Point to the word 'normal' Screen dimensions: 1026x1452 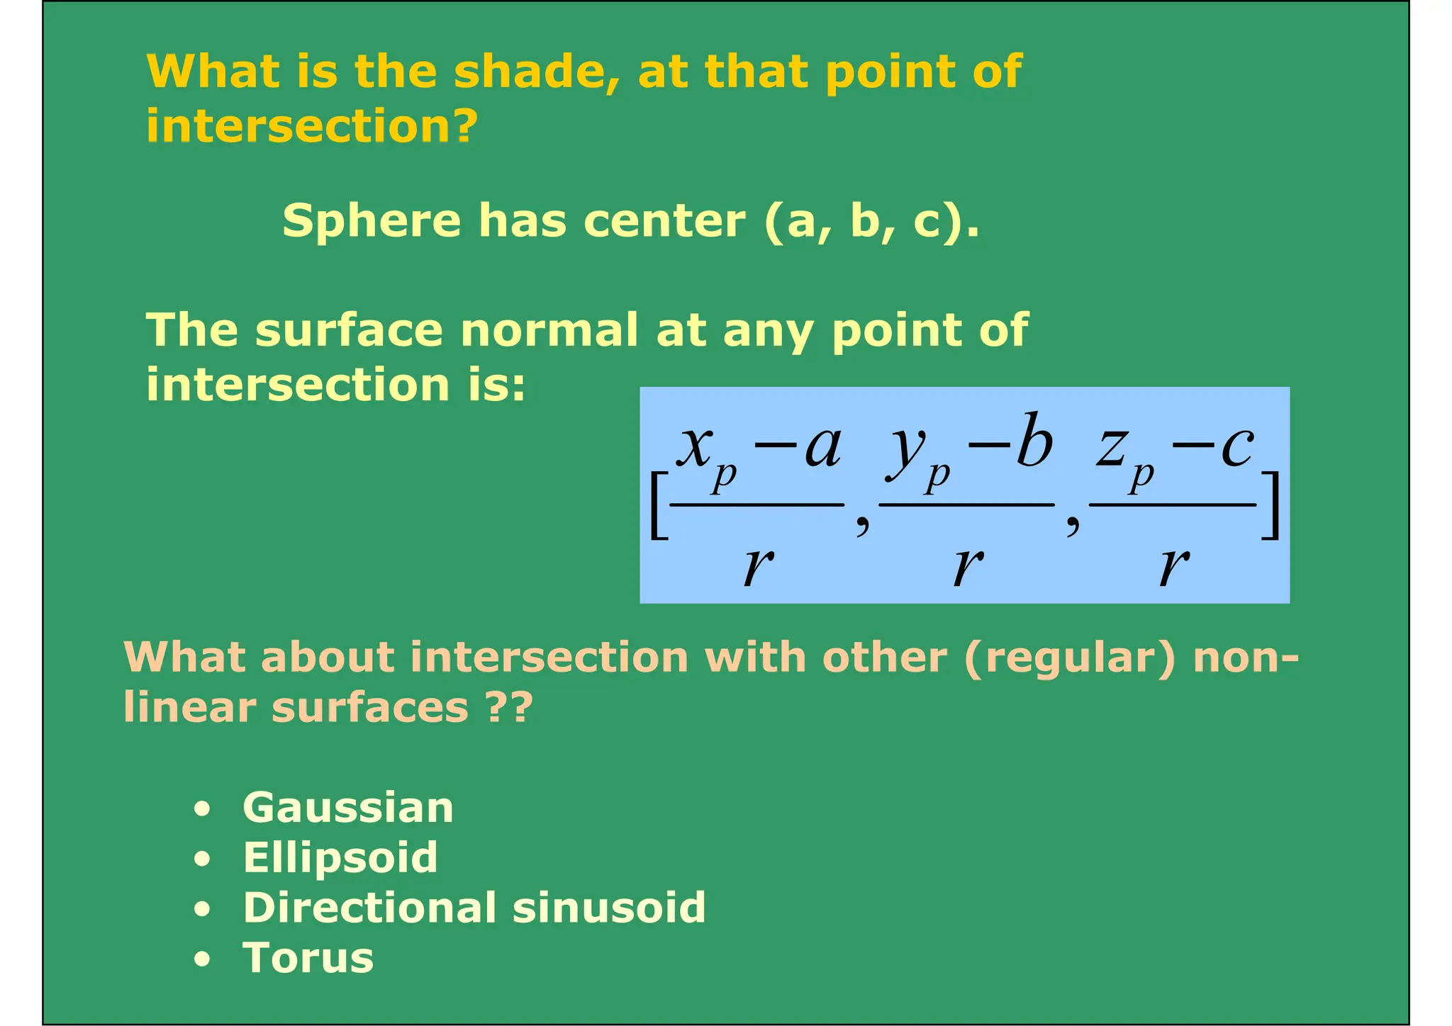pyautogui.click(x=549, y=330)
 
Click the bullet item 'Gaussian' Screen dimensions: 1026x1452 pyautogui.click(x=347, y=808)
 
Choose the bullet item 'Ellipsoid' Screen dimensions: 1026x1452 pyautogui.click(x=340, y=858)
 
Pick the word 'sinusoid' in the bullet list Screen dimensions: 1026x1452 pyautogui.click(x=609, y=908)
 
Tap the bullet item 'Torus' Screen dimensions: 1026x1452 pyautogui.click(x=308, y=958)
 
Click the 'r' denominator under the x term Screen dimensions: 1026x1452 pyautogui.click(x=757, y=567)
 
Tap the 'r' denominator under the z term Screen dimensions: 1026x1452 pyautogui.click(x=1173, y=567)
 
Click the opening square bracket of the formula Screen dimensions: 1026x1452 pyautogui.click(x=658, y=505)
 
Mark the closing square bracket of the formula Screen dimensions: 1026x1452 pyautogui.click(x=1271, y=505)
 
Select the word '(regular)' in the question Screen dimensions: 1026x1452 pyautogui.click(x=1070, y=658)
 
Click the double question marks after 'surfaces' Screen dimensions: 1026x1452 pyautogui.click(x=508, y=707)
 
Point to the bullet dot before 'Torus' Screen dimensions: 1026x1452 pyautogui.click(x=203, y=959)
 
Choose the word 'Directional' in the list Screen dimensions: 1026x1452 pyautogui.click(x=369, y=908)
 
